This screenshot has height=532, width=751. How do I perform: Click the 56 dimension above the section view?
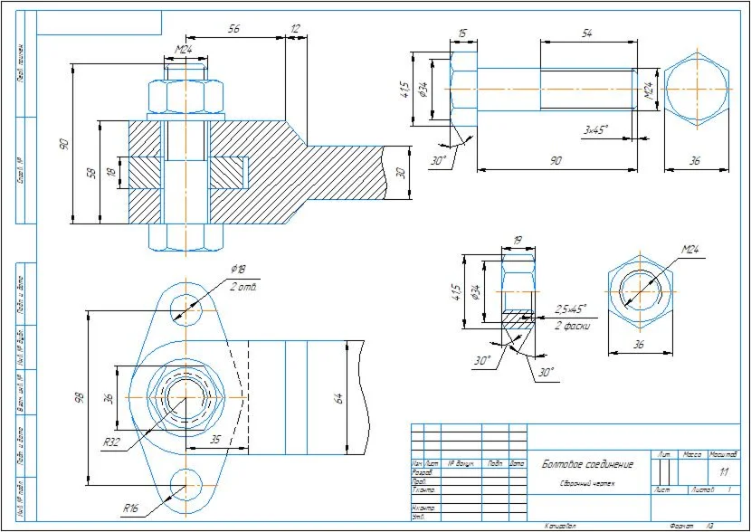tap(233, 30)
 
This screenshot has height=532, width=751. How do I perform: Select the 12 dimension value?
tap(295, 30)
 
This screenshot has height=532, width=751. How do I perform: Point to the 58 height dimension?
tap(91, 172)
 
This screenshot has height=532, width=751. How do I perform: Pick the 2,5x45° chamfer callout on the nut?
tap(571, 309)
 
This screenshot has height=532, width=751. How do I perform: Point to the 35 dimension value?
tap(216, 439)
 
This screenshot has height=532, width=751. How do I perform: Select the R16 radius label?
tap(131, 508)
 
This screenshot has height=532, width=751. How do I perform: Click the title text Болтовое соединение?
tap(587, 465)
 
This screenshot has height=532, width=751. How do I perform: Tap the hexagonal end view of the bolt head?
tap(696, 90)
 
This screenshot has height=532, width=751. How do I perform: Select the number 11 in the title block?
tap(723, 471)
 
